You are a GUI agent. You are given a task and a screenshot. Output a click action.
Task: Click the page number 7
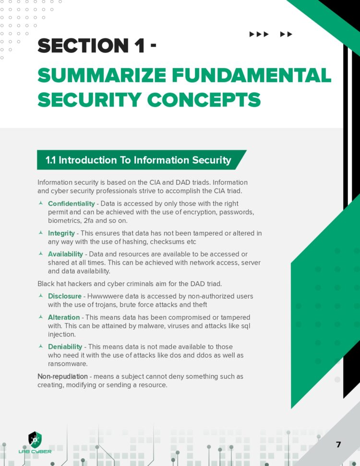click(338, 444)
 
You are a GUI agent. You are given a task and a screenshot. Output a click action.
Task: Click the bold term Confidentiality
click(71, 204)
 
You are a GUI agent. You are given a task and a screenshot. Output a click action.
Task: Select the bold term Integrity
click(61, 233)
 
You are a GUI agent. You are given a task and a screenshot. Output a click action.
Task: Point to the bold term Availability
click(65, 254)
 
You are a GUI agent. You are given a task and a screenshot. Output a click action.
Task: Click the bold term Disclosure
click(64, 296)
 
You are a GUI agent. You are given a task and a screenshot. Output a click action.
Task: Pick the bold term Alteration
click(64, 317)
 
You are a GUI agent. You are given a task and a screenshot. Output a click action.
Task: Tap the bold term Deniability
click(65, 347)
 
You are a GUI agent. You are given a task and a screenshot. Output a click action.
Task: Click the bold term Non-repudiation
click(62, 376)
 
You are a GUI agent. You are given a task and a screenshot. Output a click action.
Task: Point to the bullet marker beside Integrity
click(41, 233)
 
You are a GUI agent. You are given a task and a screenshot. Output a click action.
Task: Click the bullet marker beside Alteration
click(41, 317)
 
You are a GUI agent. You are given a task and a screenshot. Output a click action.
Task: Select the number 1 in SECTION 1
click(139, 46)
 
